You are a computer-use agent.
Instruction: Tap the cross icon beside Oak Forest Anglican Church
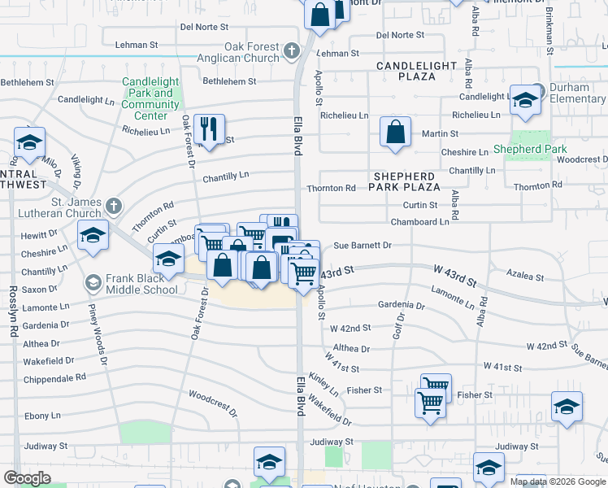click(x=292, y=53)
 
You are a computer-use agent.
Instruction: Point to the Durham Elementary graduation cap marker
click(x=525, y=100)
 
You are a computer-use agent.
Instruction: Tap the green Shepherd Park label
click(x=530, y=150)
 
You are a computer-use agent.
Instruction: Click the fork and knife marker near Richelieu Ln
click(x=210, y=129)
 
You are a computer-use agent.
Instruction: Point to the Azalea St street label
click(x=524, y=277)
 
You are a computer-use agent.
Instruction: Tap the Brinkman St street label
click(x=549, y=33)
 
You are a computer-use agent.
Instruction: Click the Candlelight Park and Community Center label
click(x=150, y=98)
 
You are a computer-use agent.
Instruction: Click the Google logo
click(x=27, y=478)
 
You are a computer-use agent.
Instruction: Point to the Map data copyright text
click(x=557, y=481)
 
